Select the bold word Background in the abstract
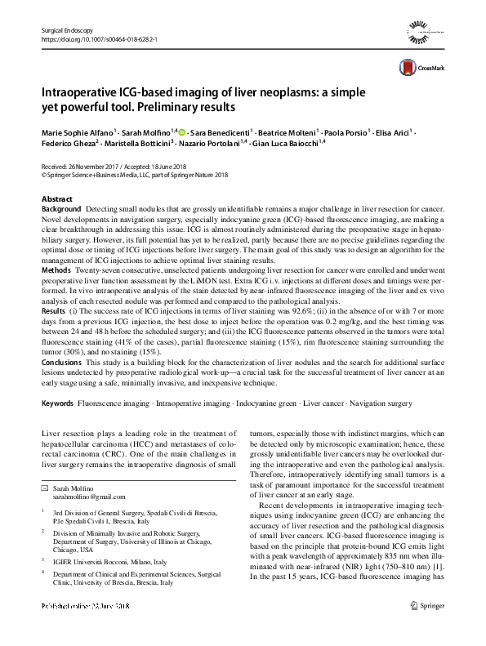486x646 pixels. pos(61,210)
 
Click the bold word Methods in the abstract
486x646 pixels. pos(56,270)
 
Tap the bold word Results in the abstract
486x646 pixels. pos(53,312)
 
